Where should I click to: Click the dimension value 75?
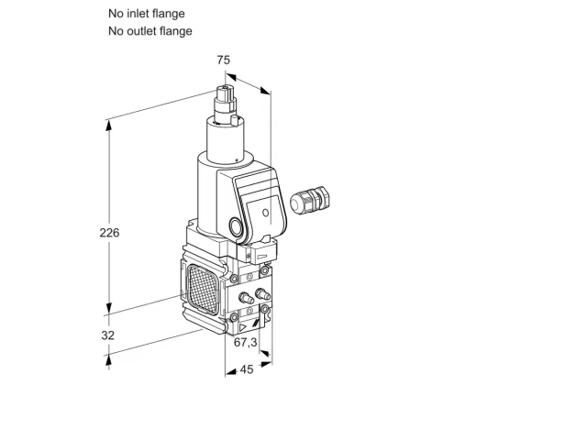[x=224, y=60]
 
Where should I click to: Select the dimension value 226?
[x=109, y=233]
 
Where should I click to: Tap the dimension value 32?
[x=108, y=335]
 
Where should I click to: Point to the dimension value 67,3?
[x=246, y=342]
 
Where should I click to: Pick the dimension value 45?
[x=247, y=369]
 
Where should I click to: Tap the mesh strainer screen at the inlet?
[x=204, y=289]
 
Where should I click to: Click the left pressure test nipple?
[x=246, y=298]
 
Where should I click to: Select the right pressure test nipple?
[x=262, y=294]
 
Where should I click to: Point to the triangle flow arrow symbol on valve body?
[x=243, y=328]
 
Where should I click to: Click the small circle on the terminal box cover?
[x=265, y=213]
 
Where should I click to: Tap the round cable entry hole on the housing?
[x=236, y=227]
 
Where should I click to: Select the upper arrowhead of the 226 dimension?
[x=109, y=126]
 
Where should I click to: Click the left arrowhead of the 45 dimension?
[x=230, y=371]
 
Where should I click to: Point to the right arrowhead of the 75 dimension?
[x=265, y=91]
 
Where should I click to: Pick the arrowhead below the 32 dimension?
[x=108, y=360]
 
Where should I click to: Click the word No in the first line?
[x=116, y=14]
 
